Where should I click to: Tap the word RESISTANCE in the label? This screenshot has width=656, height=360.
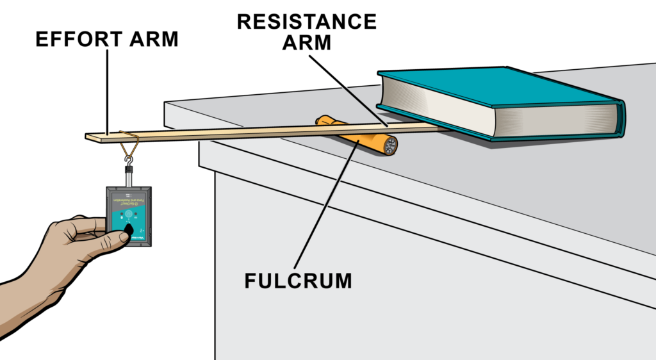(306, 21)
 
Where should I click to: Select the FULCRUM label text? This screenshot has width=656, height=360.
(298, 281)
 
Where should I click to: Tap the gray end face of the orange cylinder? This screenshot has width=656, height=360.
(388, 145)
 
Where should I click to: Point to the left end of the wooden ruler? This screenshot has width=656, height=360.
(90, 136)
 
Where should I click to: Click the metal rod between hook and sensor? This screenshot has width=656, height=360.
(129, 178)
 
